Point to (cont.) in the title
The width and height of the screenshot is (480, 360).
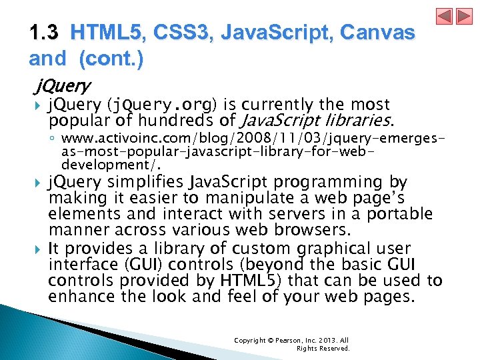(x=111, y=59)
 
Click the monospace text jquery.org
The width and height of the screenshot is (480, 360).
(x=167, y=105)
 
